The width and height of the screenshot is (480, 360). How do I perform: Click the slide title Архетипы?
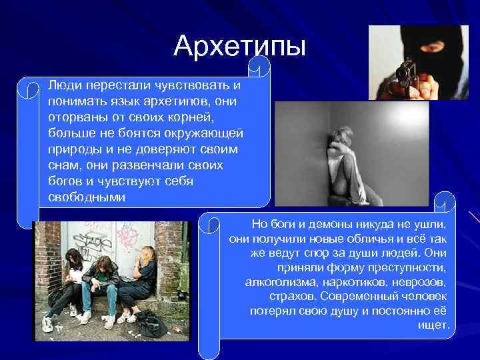point(239,45)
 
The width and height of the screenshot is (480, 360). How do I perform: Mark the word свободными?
point(87,198)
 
